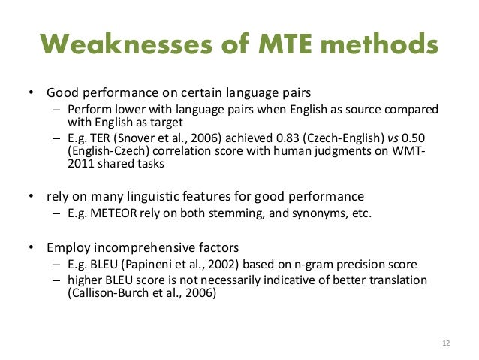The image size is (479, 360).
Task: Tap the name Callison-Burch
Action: pyautogui.click(x=97, y=295)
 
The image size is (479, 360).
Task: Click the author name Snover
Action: pyautogui.click(x=134, y=140)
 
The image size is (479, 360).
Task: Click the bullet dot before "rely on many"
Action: pyautogui.click(x=31, y=197)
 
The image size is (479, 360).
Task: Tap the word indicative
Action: pyautogui.click(x=292, y=280)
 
